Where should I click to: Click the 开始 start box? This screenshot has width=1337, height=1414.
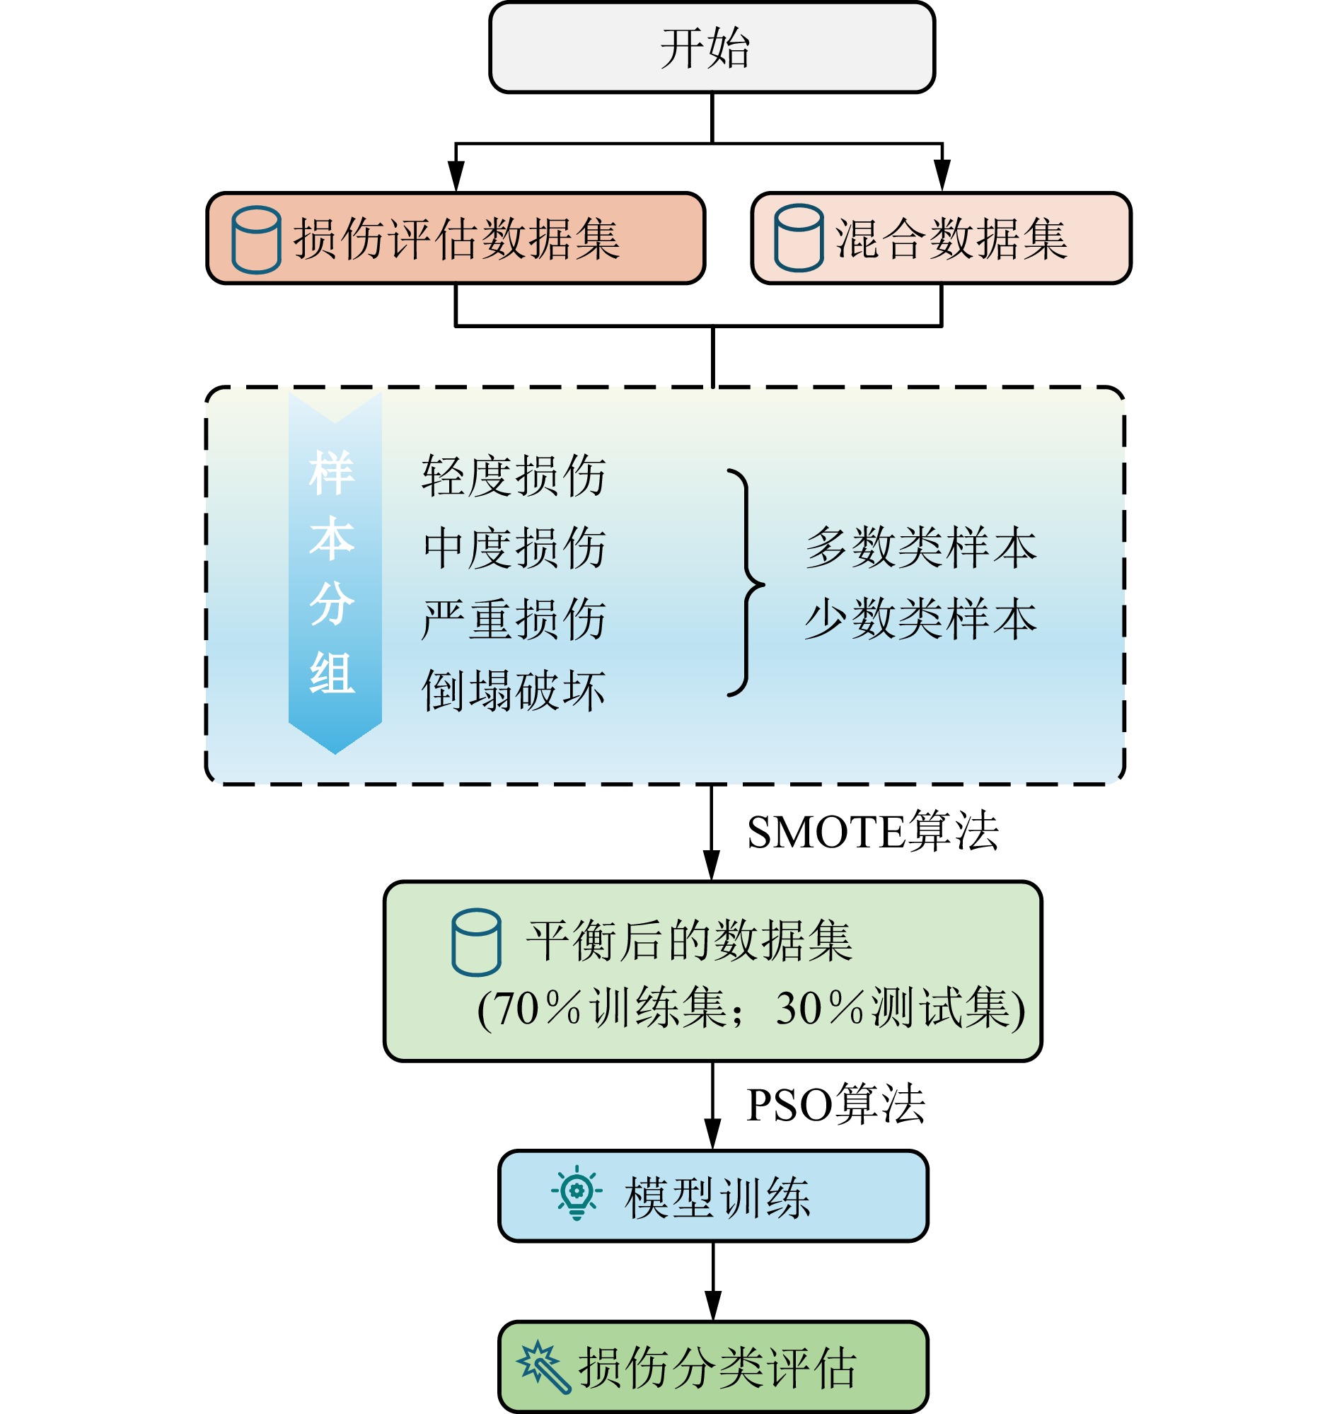711,48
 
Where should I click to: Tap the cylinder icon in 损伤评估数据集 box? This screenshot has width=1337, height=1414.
256,240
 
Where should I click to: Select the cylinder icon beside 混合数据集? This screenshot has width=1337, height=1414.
799,238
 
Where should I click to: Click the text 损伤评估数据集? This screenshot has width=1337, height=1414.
457,240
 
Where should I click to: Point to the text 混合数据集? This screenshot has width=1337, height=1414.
951,239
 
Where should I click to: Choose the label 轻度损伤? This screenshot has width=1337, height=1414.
514,475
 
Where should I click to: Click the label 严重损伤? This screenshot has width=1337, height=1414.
514,619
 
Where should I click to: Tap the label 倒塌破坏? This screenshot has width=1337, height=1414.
514,690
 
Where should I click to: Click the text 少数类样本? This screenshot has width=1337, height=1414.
921,619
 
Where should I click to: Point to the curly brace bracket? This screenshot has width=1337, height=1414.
746,583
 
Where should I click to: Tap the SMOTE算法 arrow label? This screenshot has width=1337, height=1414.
872,832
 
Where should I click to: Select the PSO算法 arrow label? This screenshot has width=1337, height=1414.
835,1105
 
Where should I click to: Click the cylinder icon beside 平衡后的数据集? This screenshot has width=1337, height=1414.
476,942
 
